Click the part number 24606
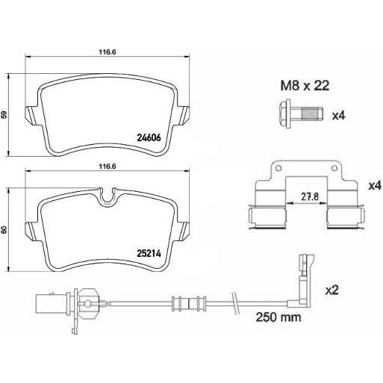pos(149,137)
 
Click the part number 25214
pos(149,253)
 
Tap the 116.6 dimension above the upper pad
pos(108,52)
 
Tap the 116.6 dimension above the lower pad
pos(108,166)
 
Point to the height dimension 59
pos(4,115)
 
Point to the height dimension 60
pos(4,230)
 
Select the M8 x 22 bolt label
pos(305,86)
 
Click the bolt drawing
pos(302,114)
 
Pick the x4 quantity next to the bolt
pos(339,115)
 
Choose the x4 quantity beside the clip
pos(375,186)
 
